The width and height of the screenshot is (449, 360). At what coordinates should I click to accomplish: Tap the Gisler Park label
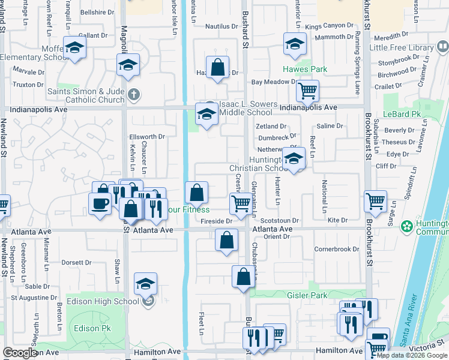306,295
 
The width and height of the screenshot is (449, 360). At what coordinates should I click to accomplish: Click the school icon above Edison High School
145,284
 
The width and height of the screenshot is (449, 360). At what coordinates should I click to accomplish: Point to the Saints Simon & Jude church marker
133,94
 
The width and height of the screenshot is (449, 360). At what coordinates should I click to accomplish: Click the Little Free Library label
402,47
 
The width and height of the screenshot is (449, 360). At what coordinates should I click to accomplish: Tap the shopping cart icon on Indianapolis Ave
307,91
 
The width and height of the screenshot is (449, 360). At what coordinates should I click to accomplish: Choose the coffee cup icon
100,203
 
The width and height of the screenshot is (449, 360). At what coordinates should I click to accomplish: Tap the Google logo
20,353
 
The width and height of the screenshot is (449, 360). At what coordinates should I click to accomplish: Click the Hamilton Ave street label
157,352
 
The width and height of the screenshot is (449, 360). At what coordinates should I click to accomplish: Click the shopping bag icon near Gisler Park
243,277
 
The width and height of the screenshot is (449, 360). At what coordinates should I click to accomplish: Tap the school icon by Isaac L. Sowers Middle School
206,114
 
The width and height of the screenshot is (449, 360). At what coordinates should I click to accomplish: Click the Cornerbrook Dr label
336,249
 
